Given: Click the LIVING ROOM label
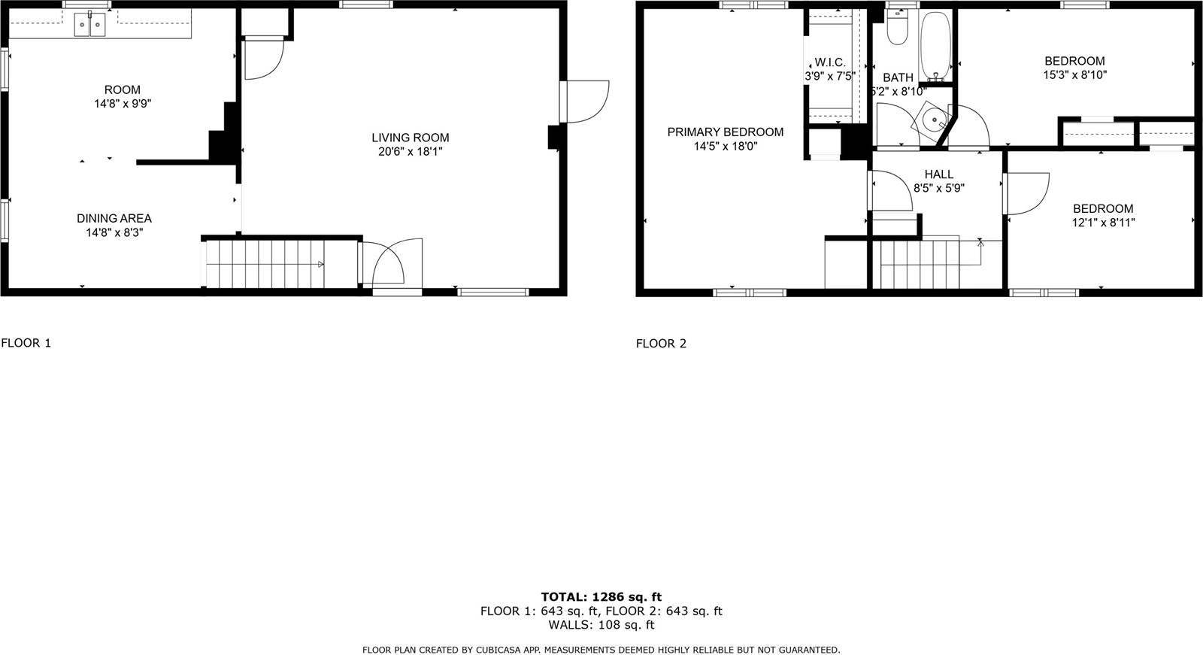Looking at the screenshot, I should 410,138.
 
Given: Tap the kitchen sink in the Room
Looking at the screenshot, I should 89,26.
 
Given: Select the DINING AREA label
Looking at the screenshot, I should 114,218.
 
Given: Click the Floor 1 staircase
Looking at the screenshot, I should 278,263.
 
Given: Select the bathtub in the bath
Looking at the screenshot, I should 936,45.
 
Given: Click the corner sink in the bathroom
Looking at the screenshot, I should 933,120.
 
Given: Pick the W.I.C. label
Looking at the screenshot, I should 830,62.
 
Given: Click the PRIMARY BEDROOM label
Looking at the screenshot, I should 725,132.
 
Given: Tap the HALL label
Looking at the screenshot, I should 938,174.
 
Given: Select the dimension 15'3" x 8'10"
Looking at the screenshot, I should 1074,75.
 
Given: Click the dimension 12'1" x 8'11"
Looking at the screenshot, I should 1103,223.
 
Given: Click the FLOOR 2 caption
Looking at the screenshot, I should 661,344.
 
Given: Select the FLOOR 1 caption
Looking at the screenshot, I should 26,343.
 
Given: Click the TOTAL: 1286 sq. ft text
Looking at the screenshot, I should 601,597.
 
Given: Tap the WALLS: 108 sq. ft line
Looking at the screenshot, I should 601,624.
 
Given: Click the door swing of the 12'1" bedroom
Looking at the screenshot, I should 1026,193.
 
